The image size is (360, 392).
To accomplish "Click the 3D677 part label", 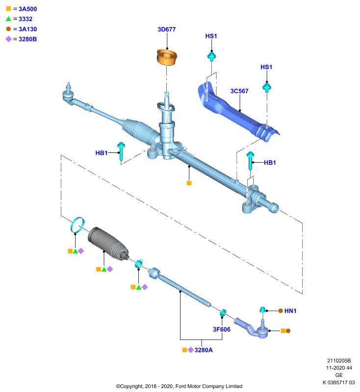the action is click(x=167, y=29).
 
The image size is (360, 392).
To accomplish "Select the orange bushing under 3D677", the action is click(x=167, y=57).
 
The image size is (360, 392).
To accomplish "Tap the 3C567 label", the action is click(x=239, y=91).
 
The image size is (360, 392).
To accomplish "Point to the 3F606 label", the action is click(x=222, y=329).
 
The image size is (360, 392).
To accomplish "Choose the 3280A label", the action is click(x=204, y=350).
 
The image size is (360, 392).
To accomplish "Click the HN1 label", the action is click(x=290, y=311).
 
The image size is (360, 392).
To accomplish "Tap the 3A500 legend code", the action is click(x=28, y=9).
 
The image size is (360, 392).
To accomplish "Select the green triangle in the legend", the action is click(x=8, y=19).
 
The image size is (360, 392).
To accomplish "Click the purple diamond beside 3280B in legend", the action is click(x=8, y=39).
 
